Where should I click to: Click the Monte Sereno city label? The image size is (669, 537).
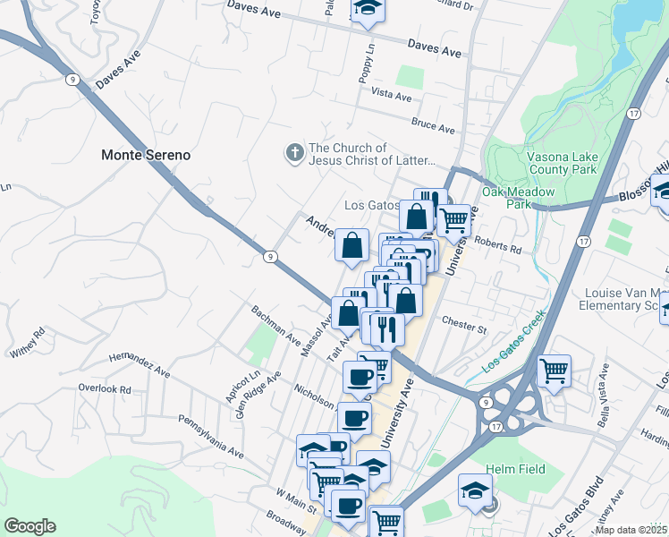coord(145,155)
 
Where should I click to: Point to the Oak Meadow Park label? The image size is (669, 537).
coord(519,198)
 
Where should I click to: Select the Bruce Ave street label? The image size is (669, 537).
coord(434,124)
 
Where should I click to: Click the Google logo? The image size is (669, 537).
coord(30,525)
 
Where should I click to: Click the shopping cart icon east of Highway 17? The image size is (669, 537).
coord(554,370)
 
